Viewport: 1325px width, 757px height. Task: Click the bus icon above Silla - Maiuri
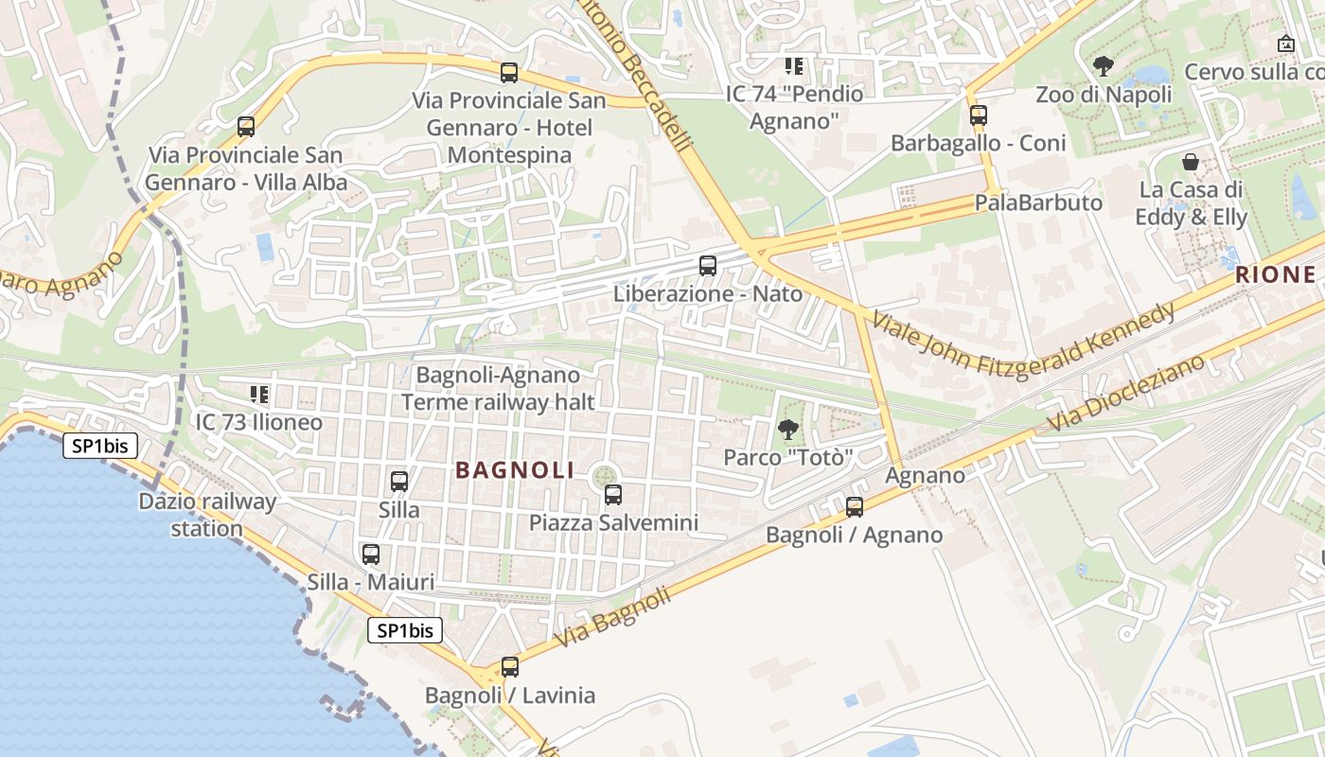coord(370,555)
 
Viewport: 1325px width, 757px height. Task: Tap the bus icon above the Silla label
coord(399,481)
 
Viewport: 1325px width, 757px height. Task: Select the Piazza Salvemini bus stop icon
coord(613,494)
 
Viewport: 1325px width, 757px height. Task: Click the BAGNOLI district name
coord(515,470)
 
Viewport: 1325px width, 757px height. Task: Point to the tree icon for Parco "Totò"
coord(787,430)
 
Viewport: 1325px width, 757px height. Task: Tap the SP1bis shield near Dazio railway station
coord(101,446)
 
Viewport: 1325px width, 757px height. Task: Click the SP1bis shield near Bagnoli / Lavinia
coord(405,630)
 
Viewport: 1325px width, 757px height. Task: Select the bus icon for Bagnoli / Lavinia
coord(510,667)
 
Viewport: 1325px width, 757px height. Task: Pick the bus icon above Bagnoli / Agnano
coord(855,507)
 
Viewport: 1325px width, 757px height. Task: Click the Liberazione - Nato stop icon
coord(708,266)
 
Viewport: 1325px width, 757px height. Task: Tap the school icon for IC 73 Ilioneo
coord(258,394)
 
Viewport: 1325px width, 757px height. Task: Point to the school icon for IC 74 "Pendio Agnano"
coord(794,66)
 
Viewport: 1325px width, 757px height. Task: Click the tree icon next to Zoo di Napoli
coord(1103,65)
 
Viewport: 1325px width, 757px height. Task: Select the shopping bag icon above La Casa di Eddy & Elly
coord(1191,162)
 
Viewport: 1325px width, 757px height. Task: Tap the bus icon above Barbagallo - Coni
coord(979,115)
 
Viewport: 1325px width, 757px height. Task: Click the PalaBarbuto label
coord(1038,202)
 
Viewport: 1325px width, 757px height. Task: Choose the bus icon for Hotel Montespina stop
coord(509,72)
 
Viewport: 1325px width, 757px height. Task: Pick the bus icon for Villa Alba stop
coord(246,126)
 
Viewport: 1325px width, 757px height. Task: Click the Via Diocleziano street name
coord(1126,393)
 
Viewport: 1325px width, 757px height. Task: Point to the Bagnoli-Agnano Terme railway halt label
coord(498,389)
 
